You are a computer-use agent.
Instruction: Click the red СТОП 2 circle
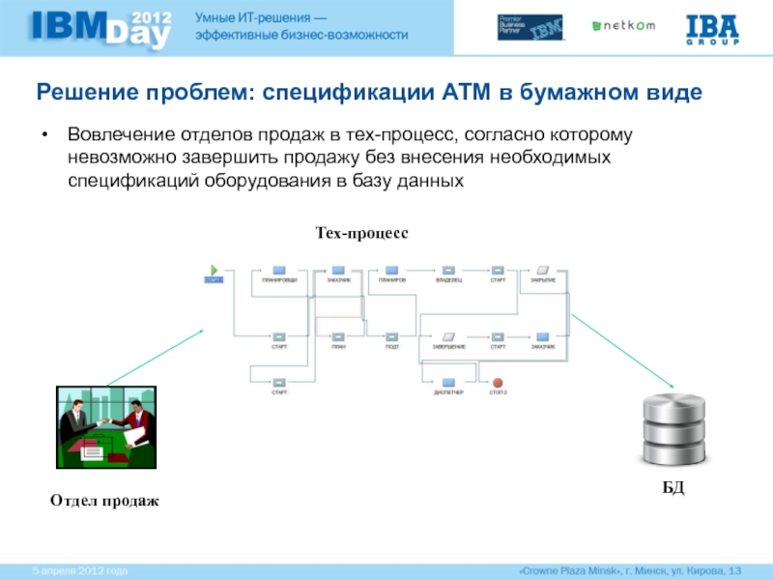[499, 383]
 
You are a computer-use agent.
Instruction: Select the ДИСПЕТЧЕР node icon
[448, 383]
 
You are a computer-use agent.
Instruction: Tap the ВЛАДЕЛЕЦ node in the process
[448, 270]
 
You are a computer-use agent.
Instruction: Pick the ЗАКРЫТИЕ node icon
[542, 270]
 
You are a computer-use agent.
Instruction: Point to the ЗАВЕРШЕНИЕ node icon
[448, 336]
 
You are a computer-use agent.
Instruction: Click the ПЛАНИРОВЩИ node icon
[279, 270]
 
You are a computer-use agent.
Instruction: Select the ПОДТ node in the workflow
[392, 336]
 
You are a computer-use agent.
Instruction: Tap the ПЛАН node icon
[338, 336]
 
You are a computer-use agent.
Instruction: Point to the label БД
[673, 489]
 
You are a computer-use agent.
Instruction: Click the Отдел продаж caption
[103, 501]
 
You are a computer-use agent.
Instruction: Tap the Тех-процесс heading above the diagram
[362, 234]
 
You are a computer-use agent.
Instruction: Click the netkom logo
[624, 26]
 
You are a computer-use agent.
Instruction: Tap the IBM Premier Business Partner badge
[530, 27]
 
